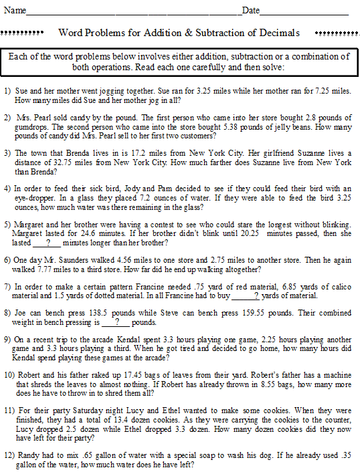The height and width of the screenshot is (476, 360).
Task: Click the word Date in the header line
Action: tap(250, 11)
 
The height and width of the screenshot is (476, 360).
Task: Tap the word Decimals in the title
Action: tap(280, 33)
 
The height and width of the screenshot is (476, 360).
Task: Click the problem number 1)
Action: tap(7, 90)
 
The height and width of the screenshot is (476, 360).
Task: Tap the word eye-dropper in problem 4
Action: tap(36, 198)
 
